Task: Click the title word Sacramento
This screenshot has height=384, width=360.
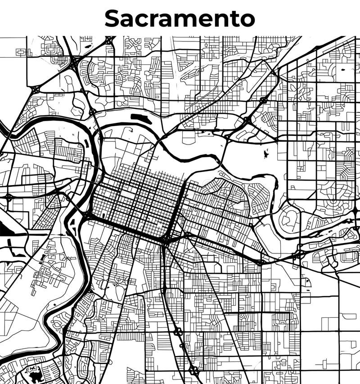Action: coord(180,18)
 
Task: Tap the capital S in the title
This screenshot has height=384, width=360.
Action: coord(113,18)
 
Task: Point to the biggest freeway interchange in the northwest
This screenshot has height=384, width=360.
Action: coord(74,61)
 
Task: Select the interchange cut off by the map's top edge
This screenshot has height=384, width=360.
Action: coord(109,40)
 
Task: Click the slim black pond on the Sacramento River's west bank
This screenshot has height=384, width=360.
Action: coord(86,144)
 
